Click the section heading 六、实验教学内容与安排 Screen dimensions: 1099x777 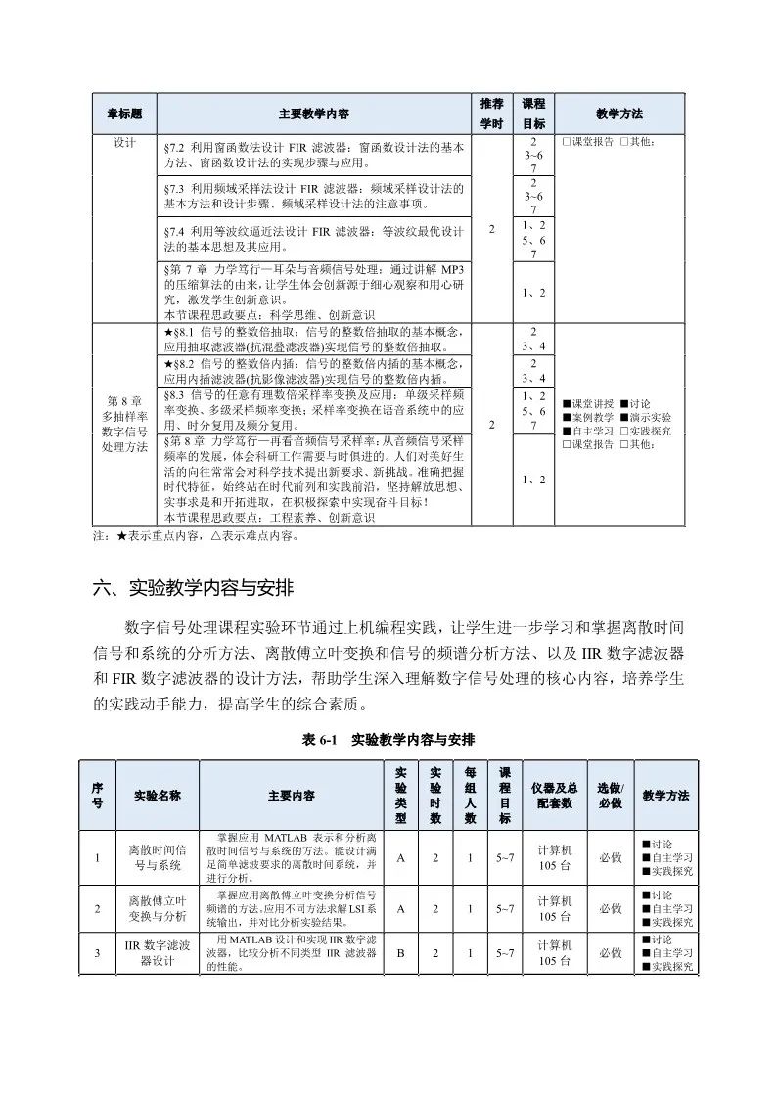click(186, 589)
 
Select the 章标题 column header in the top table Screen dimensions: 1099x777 click(124, 114)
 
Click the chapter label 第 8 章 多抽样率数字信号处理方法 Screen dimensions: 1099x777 click(124, 423)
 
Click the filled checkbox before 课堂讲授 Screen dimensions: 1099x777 click(567, 403)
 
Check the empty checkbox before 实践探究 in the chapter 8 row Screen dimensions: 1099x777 click(624, 431)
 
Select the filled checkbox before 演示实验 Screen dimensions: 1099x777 click(624, 417)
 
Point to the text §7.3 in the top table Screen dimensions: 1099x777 click(175, 187)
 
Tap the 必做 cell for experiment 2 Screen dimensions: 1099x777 click(609, 908)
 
